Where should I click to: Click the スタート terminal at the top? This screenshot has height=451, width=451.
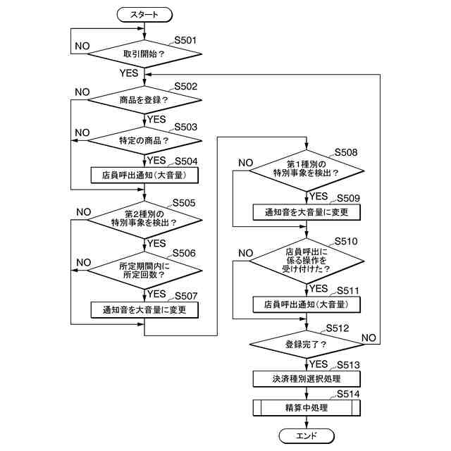point(144,15)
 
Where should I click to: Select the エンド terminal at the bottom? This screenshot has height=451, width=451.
point(307,436)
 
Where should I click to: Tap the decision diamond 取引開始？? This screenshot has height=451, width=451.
point(144,54)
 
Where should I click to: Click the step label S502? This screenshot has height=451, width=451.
point(185,86)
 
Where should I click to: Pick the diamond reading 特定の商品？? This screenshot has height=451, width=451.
point(144,141)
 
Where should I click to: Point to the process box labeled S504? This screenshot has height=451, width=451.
point(144,175)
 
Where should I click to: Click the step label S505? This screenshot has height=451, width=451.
point(184,203)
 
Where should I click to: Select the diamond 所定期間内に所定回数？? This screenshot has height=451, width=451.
point(144,271)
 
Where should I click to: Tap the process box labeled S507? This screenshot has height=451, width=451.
point(144,310)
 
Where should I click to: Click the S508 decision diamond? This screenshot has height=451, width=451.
point(307,171)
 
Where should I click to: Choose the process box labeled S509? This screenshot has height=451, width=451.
point(307,212)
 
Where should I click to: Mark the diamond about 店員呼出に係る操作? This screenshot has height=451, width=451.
point(307,261)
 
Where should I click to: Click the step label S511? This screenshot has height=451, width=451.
point(348,291)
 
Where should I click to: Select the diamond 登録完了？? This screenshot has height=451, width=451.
point(307,345)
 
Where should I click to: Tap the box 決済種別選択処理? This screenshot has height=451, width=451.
point(307,379)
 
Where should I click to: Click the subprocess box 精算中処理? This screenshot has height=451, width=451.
point(307,408)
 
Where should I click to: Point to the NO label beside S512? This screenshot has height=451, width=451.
point(369,338)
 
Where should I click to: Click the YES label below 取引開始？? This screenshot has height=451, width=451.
point(129,73)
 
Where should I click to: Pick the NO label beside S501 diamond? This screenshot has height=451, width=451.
point(82,46)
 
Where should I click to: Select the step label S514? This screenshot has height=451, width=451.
point(348,394)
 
